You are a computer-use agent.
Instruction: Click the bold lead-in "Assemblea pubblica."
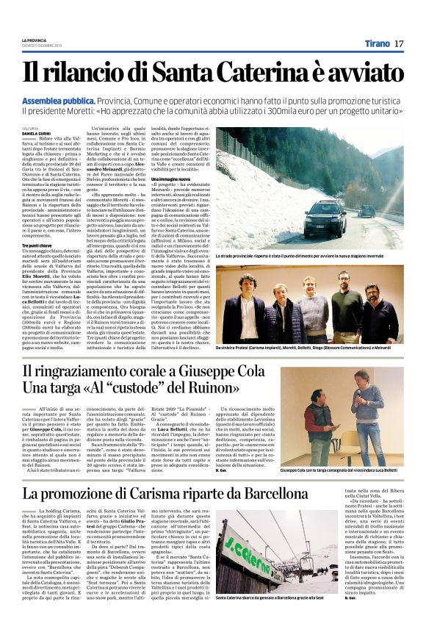click(x=63, y=96)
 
